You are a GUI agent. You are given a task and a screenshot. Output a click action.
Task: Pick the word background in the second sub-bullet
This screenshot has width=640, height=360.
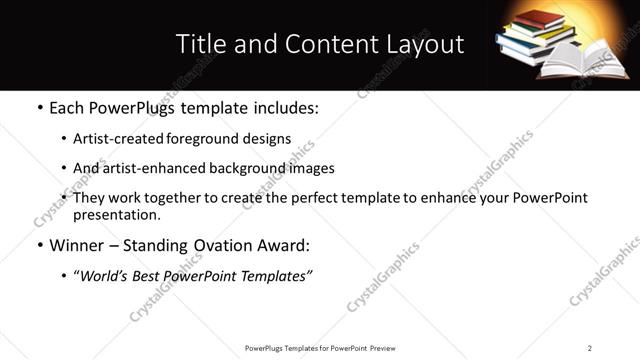click(239, 168)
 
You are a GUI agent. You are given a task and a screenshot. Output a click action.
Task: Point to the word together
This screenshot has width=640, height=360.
click(185, 198)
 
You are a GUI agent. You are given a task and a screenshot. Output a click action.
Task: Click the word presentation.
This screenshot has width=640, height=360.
click(116, 214)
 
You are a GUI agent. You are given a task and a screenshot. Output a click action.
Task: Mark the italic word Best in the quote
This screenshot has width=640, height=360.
click(153, 276)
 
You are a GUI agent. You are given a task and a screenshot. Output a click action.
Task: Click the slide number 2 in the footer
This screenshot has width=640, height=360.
click(590, 347)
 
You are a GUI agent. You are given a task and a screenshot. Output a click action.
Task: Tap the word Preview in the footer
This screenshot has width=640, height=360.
click(389, 347)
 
